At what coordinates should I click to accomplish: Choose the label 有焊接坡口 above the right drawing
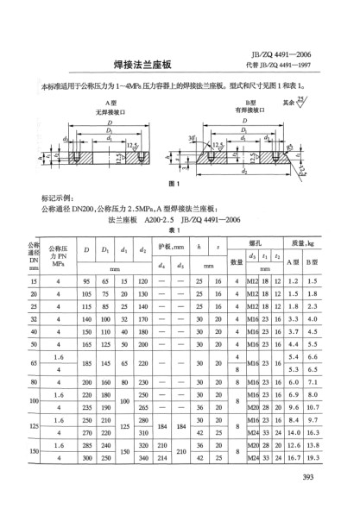click(x=248, y=111)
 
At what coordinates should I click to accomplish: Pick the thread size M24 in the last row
click(x=253, y=458)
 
